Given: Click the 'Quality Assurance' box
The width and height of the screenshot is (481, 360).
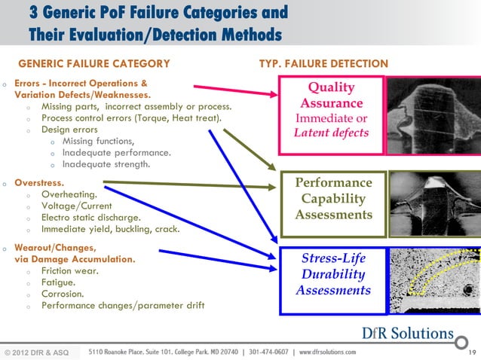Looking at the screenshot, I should [332, 111].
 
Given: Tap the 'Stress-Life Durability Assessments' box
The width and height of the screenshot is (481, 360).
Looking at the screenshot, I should [332, 275].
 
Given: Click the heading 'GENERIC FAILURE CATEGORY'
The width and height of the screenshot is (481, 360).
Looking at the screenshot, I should [93, 63].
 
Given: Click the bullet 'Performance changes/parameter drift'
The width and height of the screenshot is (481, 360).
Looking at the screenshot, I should [123, 306].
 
